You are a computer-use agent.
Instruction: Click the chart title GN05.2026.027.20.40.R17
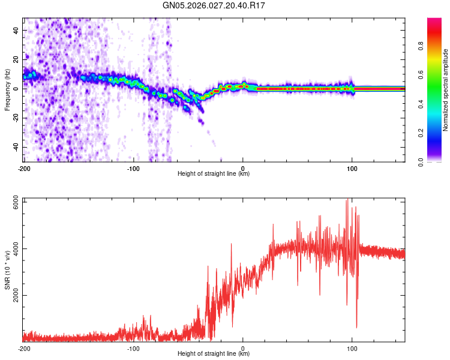(214, 6)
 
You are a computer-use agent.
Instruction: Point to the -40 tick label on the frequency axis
(14, 147)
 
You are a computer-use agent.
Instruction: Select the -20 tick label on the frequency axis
(14, 118)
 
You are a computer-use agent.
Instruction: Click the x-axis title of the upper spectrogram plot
(214, 173)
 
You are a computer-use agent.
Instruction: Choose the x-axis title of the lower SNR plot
(214, 353)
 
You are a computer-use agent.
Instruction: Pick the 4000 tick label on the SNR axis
(12, 249)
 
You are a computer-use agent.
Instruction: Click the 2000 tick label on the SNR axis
(12, 295)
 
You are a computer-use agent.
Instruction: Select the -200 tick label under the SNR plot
(24, 348)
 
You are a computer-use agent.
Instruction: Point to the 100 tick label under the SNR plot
(352, 348)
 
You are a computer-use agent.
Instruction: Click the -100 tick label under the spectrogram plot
(133, 168)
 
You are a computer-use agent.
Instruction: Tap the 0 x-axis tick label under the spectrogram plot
(243, 168)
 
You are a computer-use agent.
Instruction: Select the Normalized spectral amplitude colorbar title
(445, 90)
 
